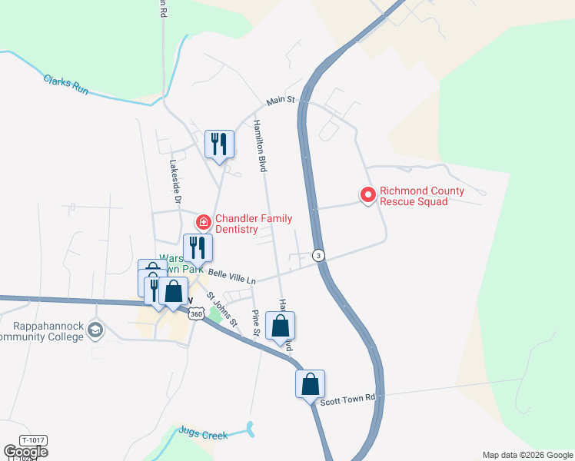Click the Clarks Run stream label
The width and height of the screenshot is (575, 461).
coord(66,85)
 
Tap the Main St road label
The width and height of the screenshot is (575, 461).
coord(281,101)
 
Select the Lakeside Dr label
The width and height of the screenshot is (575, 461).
coord(174,181)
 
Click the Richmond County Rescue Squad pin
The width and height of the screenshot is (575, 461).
coord(367,196)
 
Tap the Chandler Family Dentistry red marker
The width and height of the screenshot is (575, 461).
coord(204,223)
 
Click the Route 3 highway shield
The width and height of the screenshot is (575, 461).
coord(317,255)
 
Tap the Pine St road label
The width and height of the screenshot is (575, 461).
coord(257,323)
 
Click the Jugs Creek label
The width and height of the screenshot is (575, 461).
coord(203,435)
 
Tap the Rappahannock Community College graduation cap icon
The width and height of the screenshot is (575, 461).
coord(95,330)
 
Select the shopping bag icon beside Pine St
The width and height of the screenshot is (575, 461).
coord(280,325)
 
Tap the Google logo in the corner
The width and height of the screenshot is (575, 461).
coord(25,451)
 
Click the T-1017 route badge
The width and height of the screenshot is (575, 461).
coord(33,440)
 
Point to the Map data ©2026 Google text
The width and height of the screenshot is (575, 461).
coord(527,455)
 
